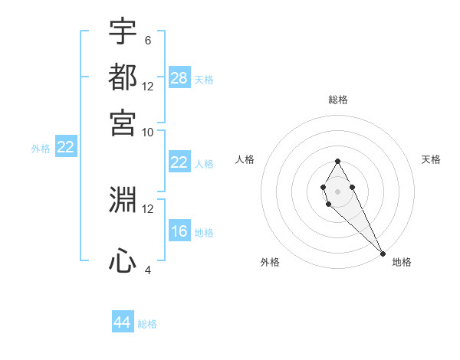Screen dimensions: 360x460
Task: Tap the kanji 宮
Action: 123,122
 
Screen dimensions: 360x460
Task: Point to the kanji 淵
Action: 123,200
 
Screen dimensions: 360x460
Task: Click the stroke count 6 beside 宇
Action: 147,40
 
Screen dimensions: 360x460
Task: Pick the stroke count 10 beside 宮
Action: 148,131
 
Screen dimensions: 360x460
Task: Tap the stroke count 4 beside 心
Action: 147,270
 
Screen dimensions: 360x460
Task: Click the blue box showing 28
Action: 179,77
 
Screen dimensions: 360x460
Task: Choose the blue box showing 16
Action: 179,231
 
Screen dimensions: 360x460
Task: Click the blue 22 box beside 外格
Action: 65,147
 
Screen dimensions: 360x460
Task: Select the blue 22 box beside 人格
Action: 179,162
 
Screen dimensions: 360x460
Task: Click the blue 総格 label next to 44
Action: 147,324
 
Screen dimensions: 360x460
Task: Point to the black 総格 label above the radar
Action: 338,100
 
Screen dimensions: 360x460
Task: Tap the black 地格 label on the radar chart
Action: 402,262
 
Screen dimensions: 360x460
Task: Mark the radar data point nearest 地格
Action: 382,253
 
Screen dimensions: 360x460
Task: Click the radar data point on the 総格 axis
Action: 337,161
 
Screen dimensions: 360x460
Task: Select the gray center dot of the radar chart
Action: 337,190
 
